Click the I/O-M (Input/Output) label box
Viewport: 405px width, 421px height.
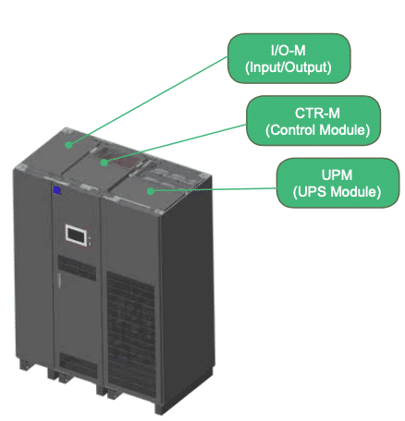click(x=288, y=58)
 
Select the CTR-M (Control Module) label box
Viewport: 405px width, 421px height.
click(x=313, y=121)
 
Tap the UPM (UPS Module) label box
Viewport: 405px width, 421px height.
click(x=337, y=183)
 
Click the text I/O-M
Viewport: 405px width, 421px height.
click(x=288, y=51)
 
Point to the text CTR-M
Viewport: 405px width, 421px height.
click(x=317, y=114)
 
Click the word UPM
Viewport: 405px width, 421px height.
click(x=337, y=175)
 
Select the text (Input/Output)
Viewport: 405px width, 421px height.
click(x=288, y=67)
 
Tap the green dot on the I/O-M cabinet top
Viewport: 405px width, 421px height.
click(x=69, y=145)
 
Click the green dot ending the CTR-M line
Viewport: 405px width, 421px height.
click(x=104, y=162)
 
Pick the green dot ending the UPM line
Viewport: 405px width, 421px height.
click(x=151, y=191)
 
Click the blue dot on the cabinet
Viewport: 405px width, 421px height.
click(x=56, y=190)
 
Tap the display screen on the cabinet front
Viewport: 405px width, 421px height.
click(x=76, y=235)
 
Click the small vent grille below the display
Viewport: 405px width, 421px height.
click(x=77, y=268)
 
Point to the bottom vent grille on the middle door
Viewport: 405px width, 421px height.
click(x=78, y=365)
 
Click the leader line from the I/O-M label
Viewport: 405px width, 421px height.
click(x=149, y=101)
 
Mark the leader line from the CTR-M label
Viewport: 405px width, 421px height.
click(x=176, y=143)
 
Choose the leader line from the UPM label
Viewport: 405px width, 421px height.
click(x=214, y=189)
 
